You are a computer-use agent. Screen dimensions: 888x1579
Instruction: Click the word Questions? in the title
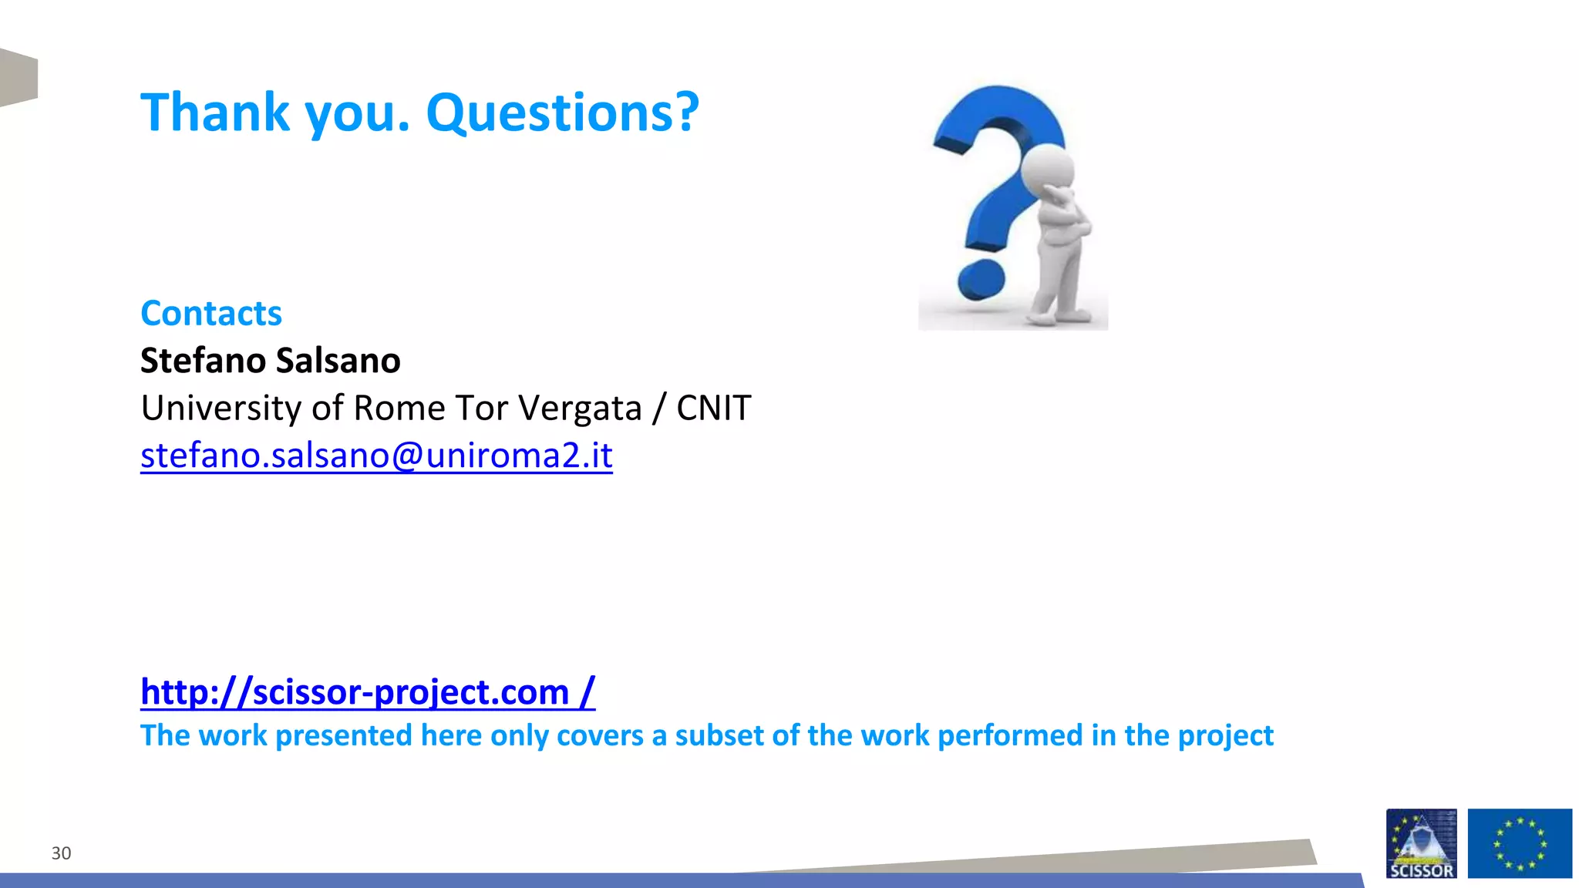562,113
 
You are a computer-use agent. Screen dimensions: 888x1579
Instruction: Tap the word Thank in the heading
215,113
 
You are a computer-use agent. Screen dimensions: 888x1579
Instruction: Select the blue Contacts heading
211,313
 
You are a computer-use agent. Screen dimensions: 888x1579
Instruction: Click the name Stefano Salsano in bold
270,361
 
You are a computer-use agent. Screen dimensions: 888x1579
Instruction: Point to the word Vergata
580,408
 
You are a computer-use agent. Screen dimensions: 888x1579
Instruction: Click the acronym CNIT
713,408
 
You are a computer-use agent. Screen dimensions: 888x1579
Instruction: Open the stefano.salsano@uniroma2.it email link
376,455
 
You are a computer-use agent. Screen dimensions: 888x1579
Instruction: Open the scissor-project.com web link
367,691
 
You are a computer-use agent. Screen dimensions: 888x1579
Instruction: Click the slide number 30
61,853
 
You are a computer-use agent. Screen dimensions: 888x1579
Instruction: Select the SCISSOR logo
1421,843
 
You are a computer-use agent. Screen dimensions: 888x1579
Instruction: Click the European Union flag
1519,843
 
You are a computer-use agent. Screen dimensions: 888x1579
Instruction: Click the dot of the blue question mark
981,280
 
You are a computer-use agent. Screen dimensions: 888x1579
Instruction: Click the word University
218,408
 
